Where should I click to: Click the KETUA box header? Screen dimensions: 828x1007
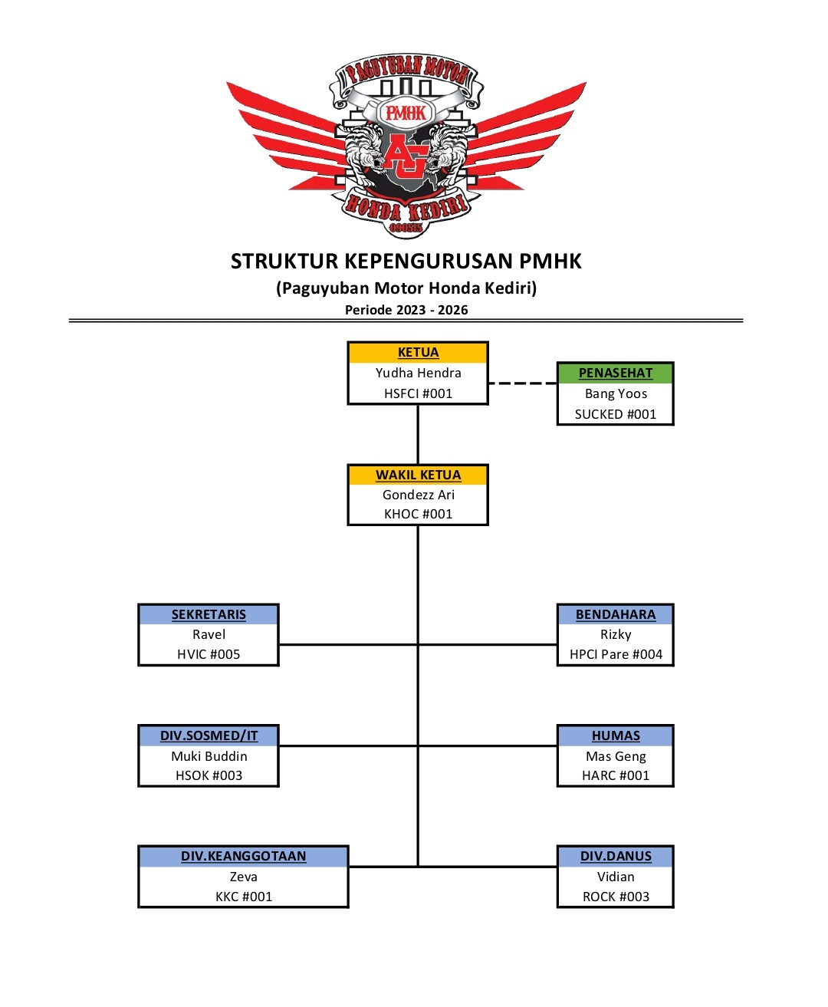click(418, 352)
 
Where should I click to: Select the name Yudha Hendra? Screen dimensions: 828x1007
click(418, 373)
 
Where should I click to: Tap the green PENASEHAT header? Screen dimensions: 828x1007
click(615, 373)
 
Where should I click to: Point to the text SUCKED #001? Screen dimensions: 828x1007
click(615, 414)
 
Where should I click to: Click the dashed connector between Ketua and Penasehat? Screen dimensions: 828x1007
click(523, 383)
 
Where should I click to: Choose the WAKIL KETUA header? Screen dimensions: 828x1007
click(418, 475)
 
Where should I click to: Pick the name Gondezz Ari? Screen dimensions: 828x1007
click(418, 495)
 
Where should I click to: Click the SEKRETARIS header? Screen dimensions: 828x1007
click(209, 614)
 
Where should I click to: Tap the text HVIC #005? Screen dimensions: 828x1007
click(209, 654)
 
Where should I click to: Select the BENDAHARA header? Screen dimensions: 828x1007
click(615, 614)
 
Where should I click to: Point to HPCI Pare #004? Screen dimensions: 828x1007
click(616, 654)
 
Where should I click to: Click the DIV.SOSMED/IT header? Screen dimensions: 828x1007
click(209, 736)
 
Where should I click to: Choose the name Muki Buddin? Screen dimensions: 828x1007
click(209, 756)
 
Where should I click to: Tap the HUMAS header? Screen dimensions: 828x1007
click(615, 736)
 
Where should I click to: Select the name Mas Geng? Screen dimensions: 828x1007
click(616, 756)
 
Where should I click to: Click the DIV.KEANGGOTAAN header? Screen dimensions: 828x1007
click(243, 856)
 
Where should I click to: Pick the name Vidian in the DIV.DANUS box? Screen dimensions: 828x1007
click(616, 877)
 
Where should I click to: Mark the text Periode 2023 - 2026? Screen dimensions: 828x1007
click(406, 310)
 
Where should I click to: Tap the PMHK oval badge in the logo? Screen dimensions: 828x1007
click(406, 114)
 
